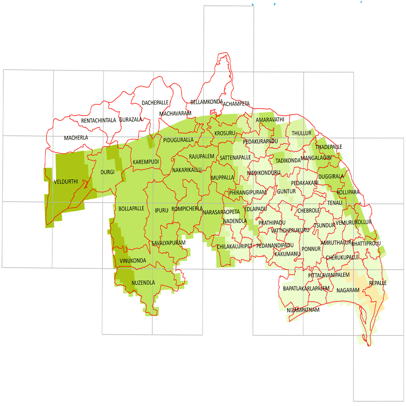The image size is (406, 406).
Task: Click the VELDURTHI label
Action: click(66, 182)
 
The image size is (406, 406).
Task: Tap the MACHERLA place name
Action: click(76, 138)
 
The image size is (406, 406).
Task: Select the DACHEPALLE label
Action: click(155, 103)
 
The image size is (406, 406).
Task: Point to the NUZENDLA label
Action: click(143, 282)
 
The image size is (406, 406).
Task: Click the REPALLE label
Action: click(377, 282)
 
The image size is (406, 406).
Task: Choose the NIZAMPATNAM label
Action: click(303, 310)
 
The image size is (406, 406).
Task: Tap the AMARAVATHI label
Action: click(270, 119)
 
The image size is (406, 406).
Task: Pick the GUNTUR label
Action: click(286, 191)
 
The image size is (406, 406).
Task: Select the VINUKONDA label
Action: click(132, 261)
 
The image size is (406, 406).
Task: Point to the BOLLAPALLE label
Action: click(131, 208)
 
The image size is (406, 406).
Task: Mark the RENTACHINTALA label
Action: click(99, 120)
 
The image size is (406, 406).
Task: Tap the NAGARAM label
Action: click(348, 290)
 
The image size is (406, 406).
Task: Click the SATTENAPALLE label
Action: click(235, 158)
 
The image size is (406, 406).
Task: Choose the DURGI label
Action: click(107, 172)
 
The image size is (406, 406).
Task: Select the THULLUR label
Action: click(302, 133)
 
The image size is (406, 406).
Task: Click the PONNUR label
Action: click(311, 248)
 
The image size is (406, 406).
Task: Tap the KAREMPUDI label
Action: click(146, 161)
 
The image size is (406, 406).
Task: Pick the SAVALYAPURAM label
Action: click(168, 243)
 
